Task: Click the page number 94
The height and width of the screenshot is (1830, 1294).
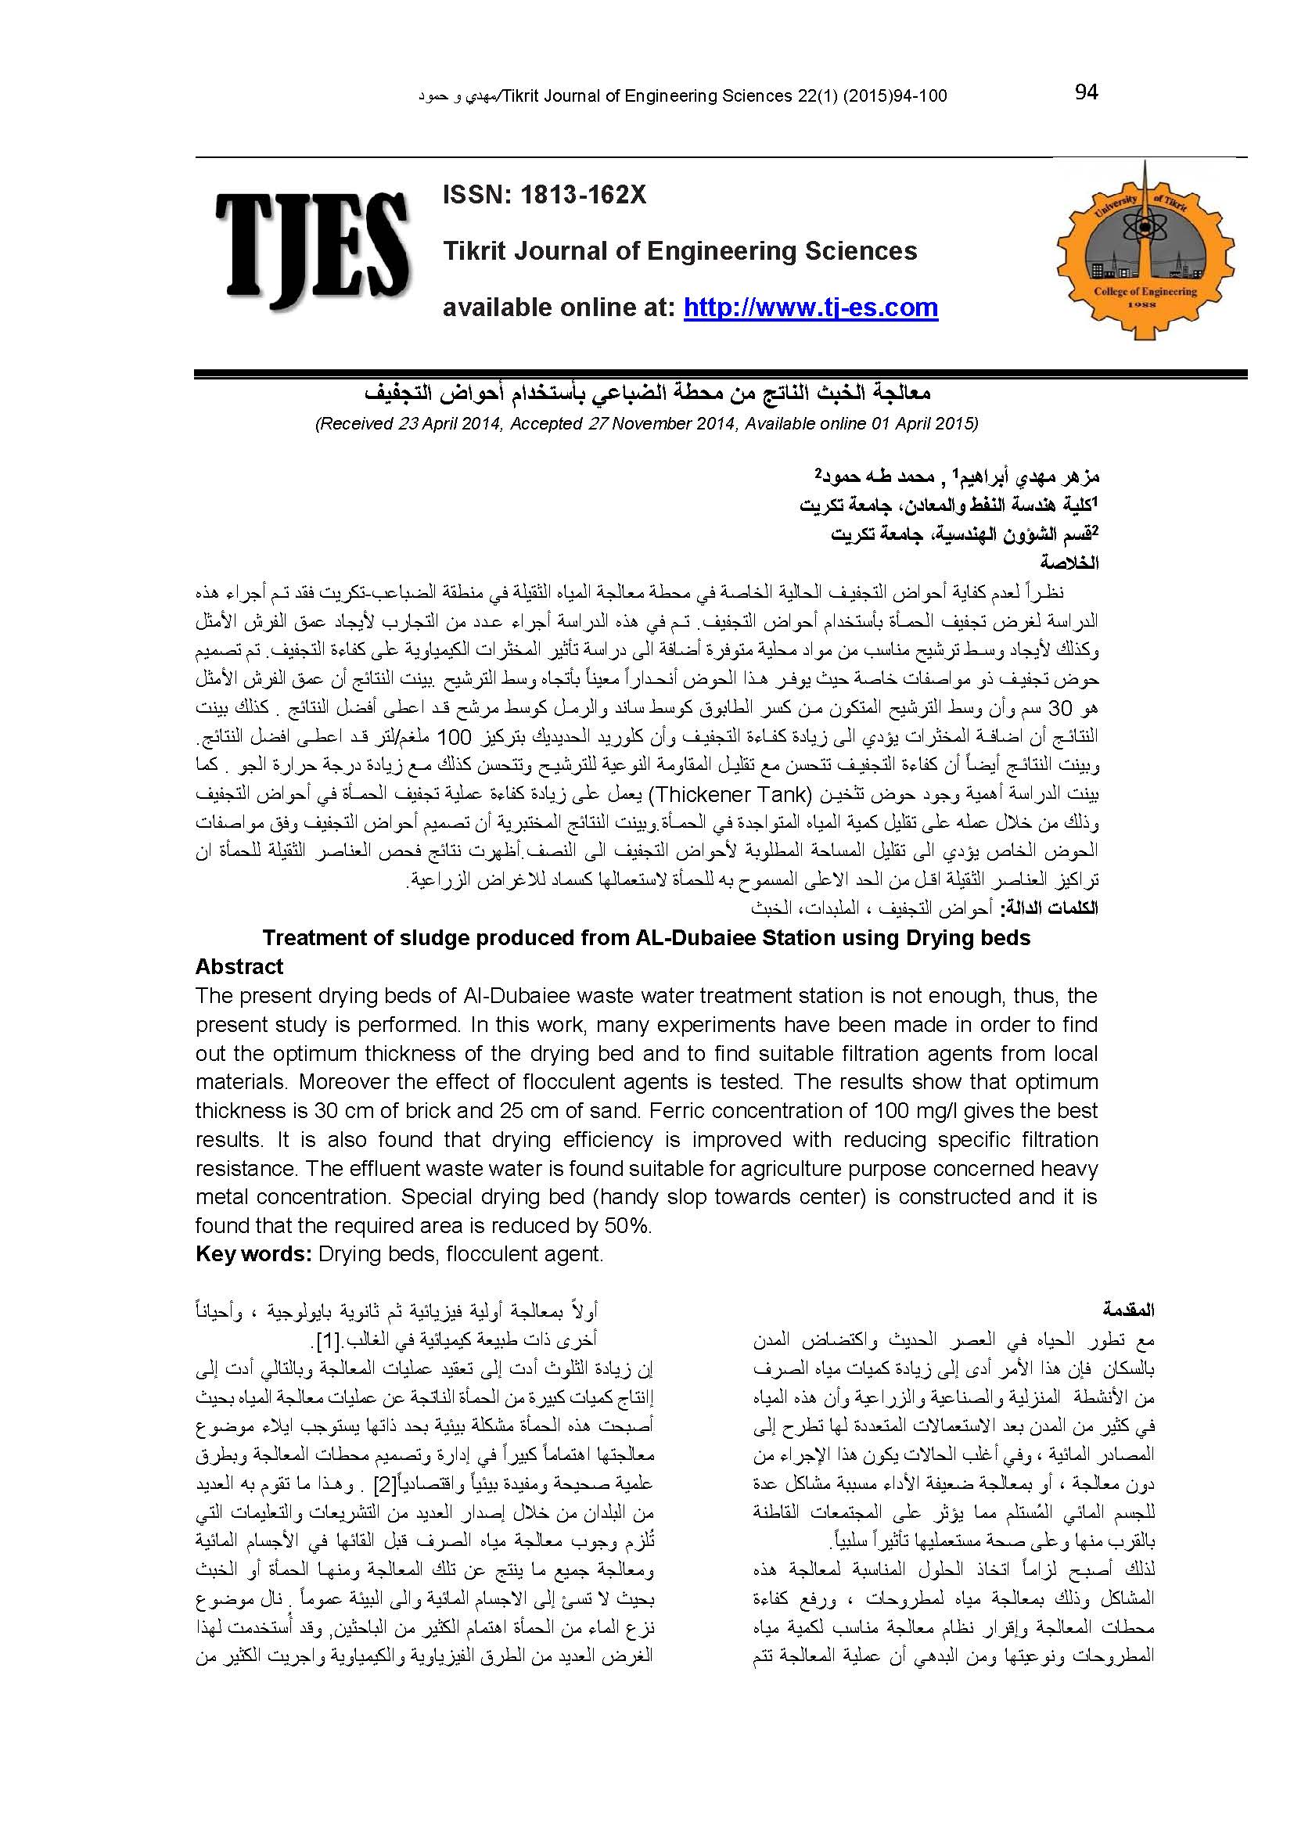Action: point(1086,93)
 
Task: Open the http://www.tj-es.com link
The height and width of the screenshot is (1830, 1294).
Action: point(811,307)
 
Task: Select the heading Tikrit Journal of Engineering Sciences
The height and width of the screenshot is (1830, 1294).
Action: point(680,251)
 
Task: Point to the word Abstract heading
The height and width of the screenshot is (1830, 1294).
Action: point(239,967)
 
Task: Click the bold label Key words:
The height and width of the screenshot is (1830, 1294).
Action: point(253,1253)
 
